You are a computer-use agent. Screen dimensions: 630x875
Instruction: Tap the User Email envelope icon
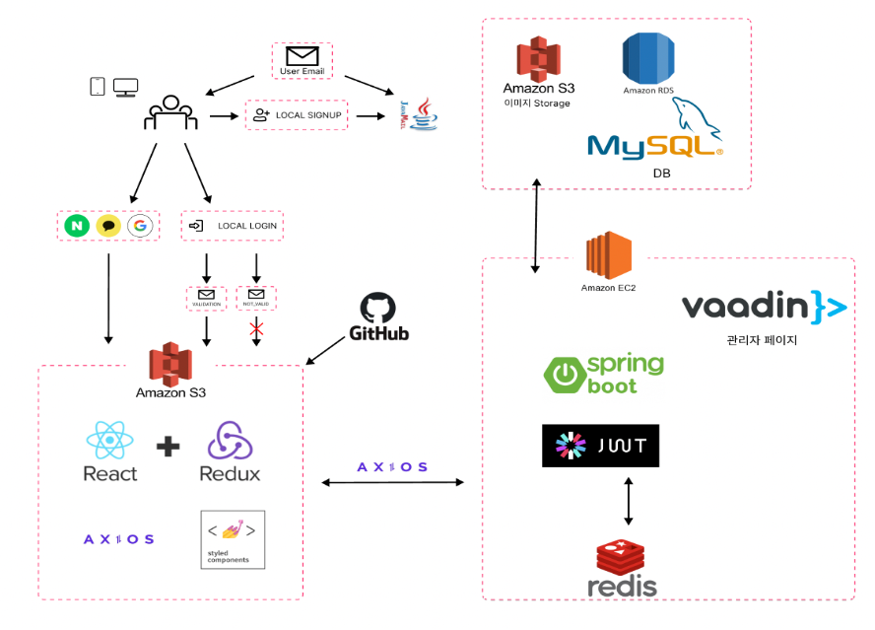click(x=302, y=55)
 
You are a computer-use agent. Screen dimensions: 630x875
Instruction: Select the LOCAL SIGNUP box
click(x=298, y=115)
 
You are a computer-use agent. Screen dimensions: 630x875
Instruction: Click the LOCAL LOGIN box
click(x=233, y=226)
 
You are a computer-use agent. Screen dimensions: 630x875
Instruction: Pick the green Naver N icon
click(x=76, y=226)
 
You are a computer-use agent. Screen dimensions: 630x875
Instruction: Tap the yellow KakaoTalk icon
click(x=108, y=226)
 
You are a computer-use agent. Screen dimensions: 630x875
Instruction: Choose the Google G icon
click(x=140, y=226)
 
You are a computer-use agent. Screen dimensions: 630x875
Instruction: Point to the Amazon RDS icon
click(x=647, y=58)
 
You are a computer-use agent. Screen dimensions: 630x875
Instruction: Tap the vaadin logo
click(x=764, y=308)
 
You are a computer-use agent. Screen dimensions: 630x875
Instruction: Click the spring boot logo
click(x=603, y=375)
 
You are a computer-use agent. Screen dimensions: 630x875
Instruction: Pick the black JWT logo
click(x=600, y=446)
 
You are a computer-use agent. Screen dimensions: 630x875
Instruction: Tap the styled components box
click(x=233, y=538)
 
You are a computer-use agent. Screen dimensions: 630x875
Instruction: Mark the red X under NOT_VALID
click(x=256, y=328)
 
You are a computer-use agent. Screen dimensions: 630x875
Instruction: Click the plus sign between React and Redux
click(x=168, y=447)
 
